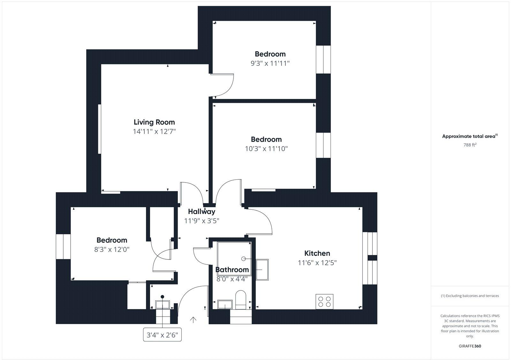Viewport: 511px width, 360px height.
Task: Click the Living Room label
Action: point(154,122)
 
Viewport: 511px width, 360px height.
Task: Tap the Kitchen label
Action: point(317,253)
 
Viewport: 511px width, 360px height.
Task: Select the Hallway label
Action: point(202,211)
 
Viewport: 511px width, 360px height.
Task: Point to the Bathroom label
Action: point(232,270)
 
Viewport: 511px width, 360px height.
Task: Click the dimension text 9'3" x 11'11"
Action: point(270,63)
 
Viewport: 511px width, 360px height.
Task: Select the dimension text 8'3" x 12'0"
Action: point(112,249)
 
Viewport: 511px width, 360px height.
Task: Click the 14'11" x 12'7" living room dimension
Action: point(155,131)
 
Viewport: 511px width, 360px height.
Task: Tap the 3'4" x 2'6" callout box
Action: point(162,335)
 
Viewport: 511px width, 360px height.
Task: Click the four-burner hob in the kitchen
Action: point(324,302)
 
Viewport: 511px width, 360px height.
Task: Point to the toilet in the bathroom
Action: point(240,300)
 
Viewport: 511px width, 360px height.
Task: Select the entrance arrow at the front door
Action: point(193,319)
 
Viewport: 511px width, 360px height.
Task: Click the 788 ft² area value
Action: point(470,145)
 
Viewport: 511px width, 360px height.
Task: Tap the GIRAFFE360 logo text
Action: point(470,346)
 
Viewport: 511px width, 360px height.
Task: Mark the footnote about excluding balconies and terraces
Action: point(470,296)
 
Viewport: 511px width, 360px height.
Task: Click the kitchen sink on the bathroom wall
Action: point(262,270)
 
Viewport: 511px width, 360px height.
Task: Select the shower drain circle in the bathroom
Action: point(244,259)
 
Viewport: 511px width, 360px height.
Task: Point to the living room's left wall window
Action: point(100,129)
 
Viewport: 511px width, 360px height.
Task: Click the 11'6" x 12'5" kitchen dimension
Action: point(317,263)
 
